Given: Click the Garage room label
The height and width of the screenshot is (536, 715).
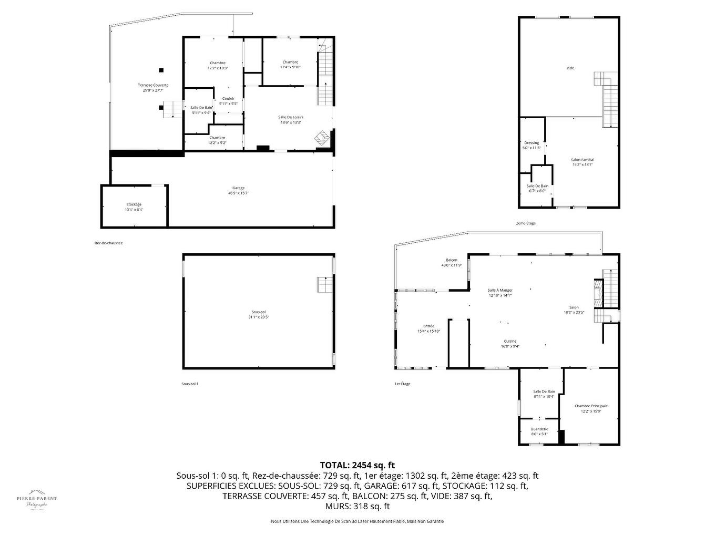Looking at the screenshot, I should coord(238,188).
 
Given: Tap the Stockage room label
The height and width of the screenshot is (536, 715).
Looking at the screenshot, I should coord(134,204).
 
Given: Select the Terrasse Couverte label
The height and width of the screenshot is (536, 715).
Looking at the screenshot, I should coord(153,85).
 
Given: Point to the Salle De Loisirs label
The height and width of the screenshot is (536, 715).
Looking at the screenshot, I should coord(290,117).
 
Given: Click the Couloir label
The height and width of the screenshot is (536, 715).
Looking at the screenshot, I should coord(228,99).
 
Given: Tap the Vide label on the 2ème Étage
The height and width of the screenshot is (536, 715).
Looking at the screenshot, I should coord(570,68).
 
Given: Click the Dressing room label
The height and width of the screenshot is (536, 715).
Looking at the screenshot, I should coord(531,143).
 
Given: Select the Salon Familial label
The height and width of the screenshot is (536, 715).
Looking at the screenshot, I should coord(583,160).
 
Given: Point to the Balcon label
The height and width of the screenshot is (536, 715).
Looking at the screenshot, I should coord(451,260).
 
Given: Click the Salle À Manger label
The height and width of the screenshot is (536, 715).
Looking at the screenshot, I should coord(499,290).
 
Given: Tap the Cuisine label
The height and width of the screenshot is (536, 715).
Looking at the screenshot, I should coord(509,341).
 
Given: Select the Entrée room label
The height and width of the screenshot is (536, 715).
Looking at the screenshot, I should coord(428,326).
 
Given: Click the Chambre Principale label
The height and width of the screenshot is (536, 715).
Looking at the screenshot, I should coord(591,406).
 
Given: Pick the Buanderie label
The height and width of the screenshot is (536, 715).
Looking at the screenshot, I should coord(539,429).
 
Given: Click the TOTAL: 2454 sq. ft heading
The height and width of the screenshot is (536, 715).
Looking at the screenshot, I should coord(357,465).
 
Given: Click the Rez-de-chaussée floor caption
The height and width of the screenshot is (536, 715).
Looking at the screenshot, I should coord(108,243).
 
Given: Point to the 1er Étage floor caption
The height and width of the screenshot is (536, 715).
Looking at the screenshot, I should coord(402,384).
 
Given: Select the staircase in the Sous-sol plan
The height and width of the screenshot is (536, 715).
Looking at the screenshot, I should coord(325,284).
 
